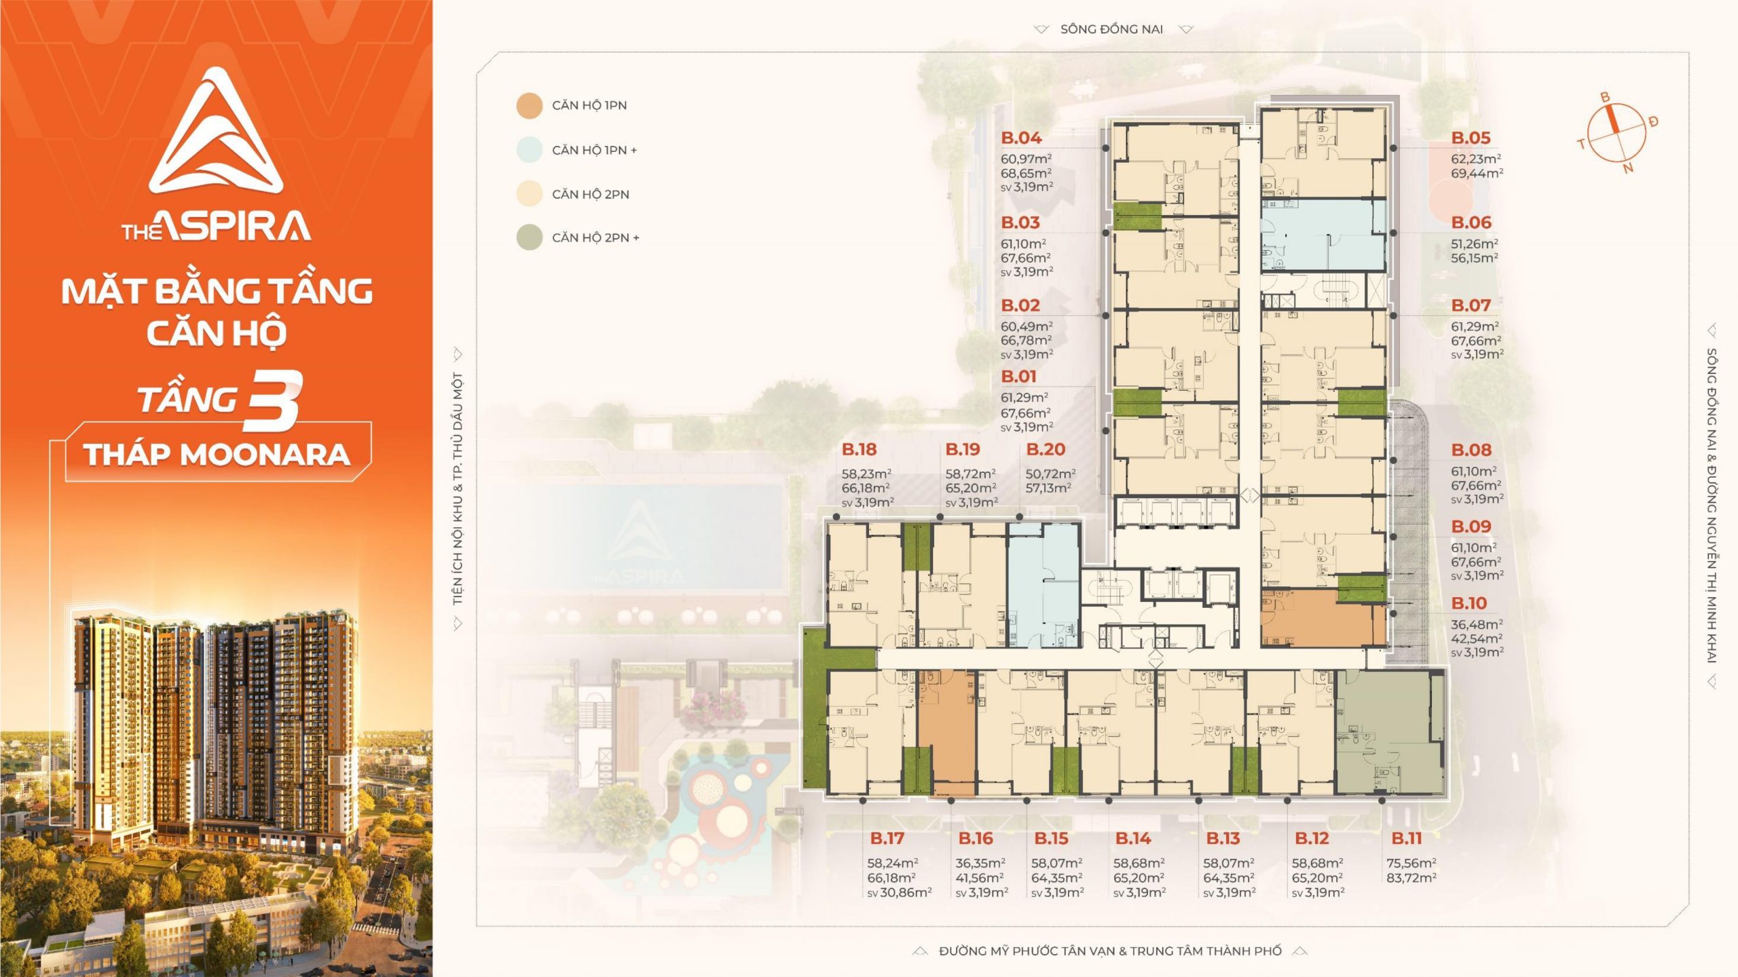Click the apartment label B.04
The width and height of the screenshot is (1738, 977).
click(1021, 138)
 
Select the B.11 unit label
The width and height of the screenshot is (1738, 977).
click(1407, 839)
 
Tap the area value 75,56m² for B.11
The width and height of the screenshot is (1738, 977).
click(1411, 863)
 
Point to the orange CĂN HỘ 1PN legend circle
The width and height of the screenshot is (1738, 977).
click(530, 106)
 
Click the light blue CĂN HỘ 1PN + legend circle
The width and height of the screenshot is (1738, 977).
click(530, 150)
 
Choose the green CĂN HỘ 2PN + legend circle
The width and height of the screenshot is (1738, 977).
click(530, 237)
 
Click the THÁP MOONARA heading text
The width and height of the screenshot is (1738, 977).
click(217, 455)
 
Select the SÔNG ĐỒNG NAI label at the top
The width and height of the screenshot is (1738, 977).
click(1112, 29)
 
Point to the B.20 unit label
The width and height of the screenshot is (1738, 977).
click(1046, 449)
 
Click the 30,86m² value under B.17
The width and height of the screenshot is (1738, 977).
click(906, 893)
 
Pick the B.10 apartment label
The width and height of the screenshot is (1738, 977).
click(1469, 603)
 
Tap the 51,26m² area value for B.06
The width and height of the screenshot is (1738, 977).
click(1475, 244)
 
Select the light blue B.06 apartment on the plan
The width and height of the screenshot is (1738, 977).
click(1323, 235)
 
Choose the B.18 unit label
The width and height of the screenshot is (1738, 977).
click(859, 449)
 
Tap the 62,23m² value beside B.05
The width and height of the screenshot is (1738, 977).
click(1476, 159)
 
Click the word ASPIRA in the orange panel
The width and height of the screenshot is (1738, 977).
click(236, 227)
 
